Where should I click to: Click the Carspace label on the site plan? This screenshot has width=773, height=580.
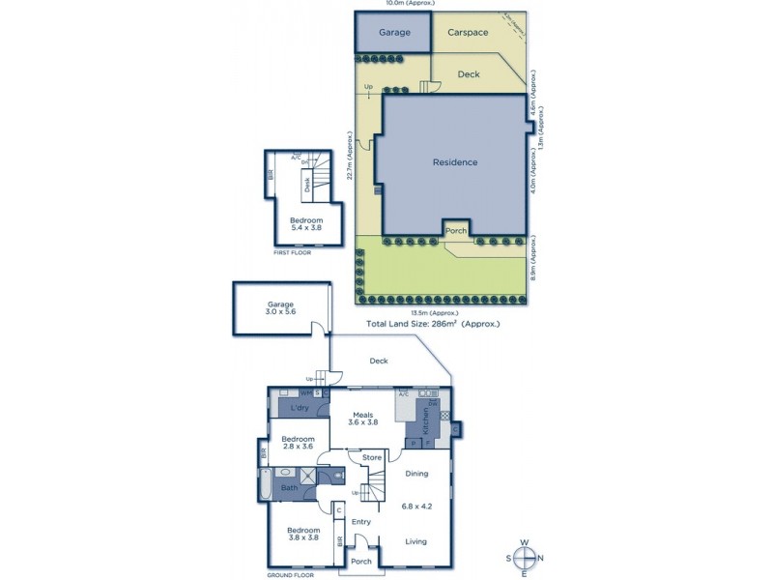coord(468,33)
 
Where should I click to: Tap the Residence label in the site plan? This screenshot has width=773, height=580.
coord(454,162)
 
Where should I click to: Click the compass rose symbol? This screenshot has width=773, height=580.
coord(525,557)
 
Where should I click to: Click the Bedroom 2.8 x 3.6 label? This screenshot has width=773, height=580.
coord(298,443)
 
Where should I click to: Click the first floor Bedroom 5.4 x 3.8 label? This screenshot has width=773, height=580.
coord(306,225)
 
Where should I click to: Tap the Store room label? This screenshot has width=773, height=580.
coord(372,457)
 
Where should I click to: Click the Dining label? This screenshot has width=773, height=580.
coord(416,473)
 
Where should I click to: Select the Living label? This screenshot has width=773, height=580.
coord(416,541)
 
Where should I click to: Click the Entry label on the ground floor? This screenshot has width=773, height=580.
coord(361,522)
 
